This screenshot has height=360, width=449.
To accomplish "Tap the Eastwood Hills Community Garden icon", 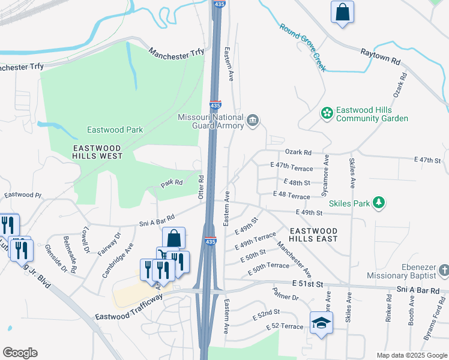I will [x=327, y=113].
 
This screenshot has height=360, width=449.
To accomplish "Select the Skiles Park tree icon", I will [x=379, y=203].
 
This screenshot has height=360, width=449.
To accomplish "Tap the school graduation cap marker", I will [x=321, y=323].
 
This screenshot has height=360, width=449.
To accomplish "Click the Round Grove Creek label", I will [x=303, y=47].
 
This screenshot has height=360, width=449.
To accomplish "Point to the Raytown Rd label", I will [x=380, y=57].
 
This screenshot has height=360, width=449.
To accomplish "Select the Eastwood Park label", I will [x=115, y=130].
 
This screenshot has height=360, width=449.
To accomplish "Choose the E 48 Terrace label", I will [x=291, y=196].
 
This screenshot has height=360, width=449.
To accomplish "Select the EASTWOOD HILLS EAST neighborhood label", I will [x=313, y=235].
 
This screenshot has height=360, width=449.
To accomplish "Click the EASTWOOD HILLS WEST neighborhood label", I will [x=97, y=152].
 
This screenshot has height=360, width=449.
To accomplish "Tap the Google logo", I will [x=20, y=353].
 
